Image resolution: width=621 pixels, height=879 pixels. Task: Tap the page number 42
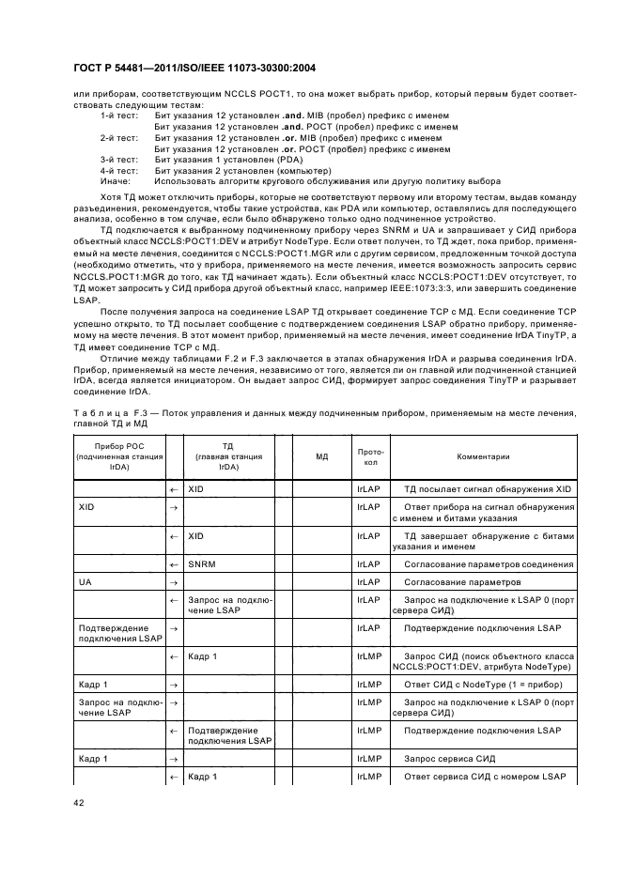point(79,804)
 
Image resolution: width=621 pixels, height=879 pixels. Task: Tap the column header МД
point(321,455)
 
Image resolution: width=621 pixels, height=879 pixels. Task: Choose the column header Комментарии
point(483,455)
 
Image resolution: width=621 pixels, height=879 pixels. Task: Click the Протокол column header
point(370,455)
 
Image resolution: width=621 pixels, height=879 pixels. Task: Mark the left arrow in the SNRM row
point(174,563)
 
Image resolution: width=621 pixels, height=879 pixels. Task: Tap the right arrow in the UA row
point(174,581)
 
